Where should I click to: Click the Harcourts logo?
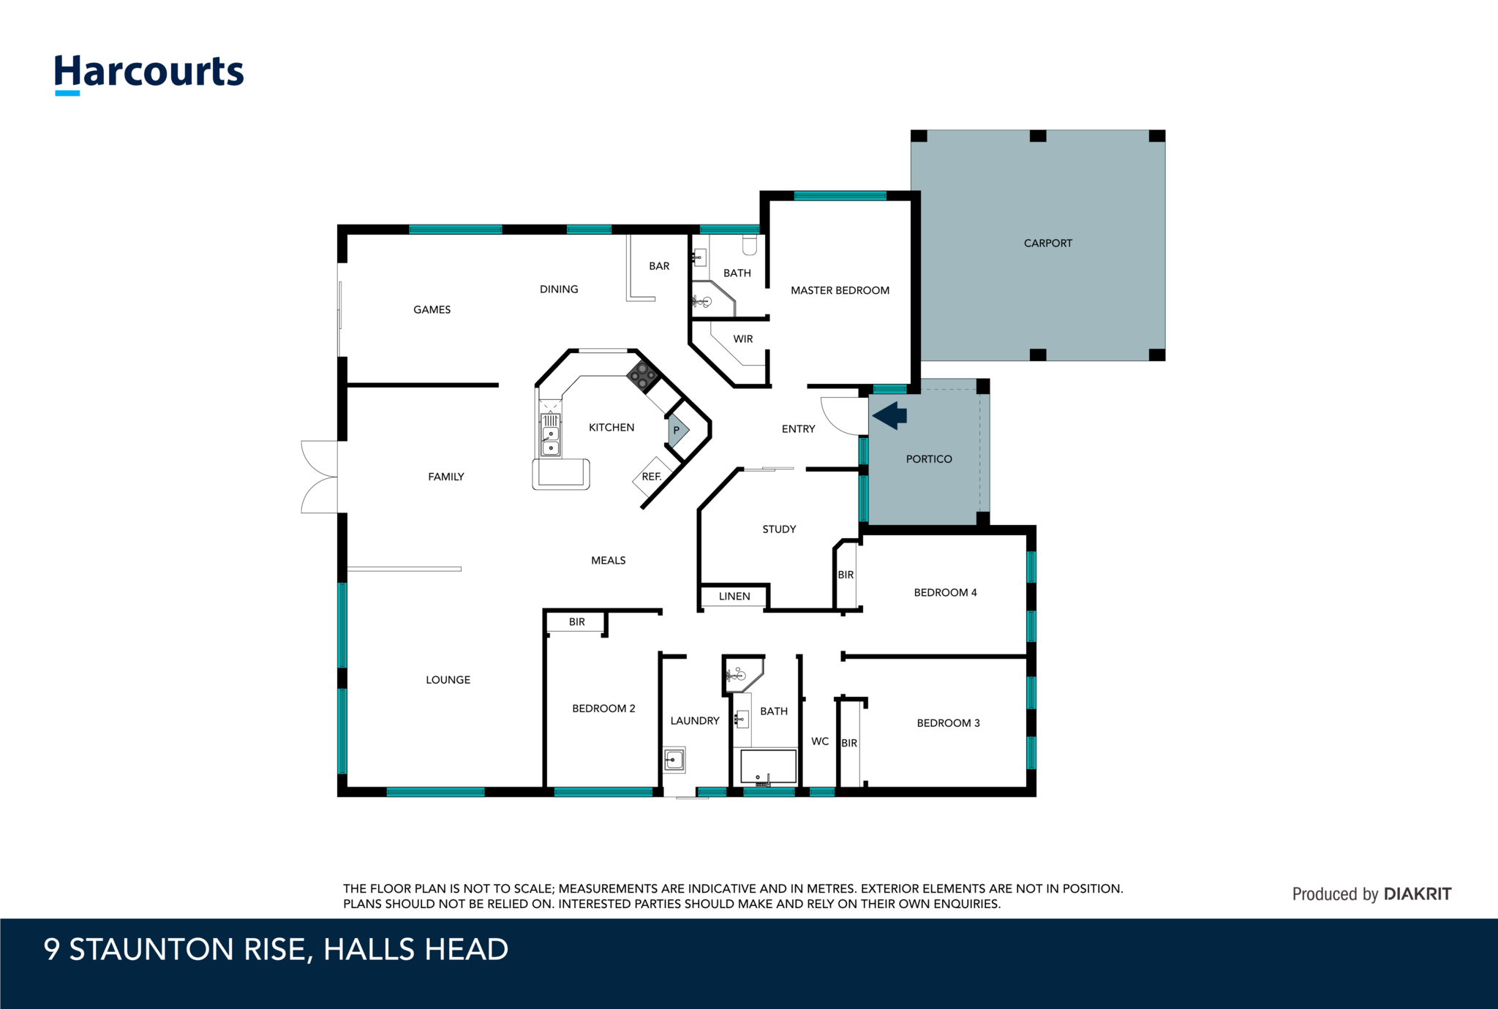pyautogui.click(x=149, y=74)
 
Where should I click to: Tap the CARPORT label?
pyautogui.click(x=1047, y=243)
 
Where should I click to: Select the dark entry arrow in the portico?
pyautogui.click(x=889, y=415)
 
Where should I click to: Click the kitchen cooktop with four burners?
pyautogui.click(x=643, y=376)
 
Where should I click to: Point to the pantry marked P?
pyautogui.click(x=677, y=431)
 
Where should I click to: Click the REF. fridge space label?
pyautogui.click(x=651, y=477)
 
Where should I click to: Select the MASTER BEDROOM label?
pyautogui.click(x=840, y=290)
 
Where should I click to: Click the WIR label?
pyautogui.click(x=742, y=339)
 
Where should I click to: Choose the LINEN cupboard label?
pyautogui.click(x=734, y=597)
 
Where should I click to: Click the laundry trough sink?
pyautogui.click(x=674, y=760)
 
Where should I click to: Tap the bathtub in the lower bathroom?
pyautogui.click(x=768, y=767)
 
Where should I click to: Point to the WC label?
pyautogui.click(x=820, y=741)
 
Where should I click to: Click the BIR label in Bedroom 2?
pyautogui.click(x=577, y=622)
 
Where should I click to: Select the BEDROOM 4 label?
pyautogui.click(x=945, y=592)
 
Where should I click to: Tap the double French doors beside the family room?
pyautogui.click(x=320, y=477)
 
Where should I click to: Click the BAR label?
pyautogui.click(x=659, y=266)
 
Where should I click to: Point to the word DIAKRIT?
pyautogui.click(x=1418, y=893)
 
